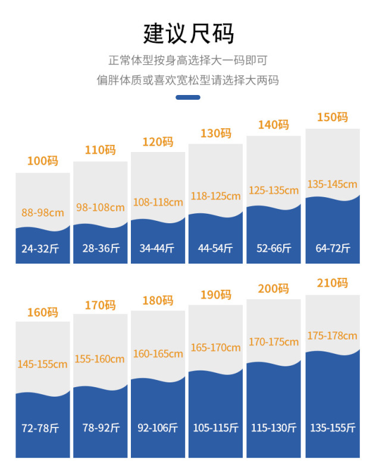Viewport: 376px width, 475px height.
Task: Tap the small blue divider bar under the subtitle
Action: pos(188,97)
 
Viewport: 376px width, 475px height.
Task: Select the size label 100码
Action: pos(43,161)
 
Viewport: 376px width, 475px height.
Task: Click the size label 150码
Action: pos(333,117)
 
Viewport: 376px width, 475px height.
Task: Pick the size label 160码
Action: pos(43,312)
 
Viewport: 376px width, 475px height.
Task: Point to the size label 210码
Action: pos(333,283)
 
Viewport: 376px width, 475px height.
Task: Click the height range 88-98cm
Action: pos(43,213)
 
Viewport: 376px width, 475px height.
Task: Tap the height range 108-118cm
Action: pos(158,202)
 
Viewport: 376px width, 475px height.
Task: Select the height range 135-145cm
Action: pos(333,184)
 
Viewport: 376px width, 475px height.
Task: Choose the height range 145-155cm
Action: pos(43,364)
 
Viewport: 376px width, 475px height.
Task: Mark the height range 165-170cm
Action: pos(215,347)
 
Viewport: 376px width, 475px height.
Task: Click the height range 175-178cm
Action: pos(333,335)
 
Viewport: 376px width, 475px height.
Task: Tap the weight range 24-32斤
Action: pos(43,248)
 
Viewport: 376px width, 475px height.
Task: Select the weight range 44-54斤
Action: pos(215,248)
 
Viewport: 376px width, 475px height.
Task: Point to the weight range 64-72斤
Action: pos(333,248)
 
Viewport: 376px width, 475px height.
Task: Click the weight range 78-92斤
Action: pos(100,427)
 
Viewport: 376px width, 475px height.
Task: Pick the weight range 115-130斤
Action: pos(274,427)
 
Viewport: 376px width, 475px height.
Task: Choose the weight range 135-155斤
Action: pos(333,427)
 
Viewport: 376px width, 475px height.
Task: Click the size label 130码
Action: pos(215,133)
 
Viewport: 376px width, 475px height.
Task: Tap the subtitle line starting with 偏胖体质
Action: pos(188,80)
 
